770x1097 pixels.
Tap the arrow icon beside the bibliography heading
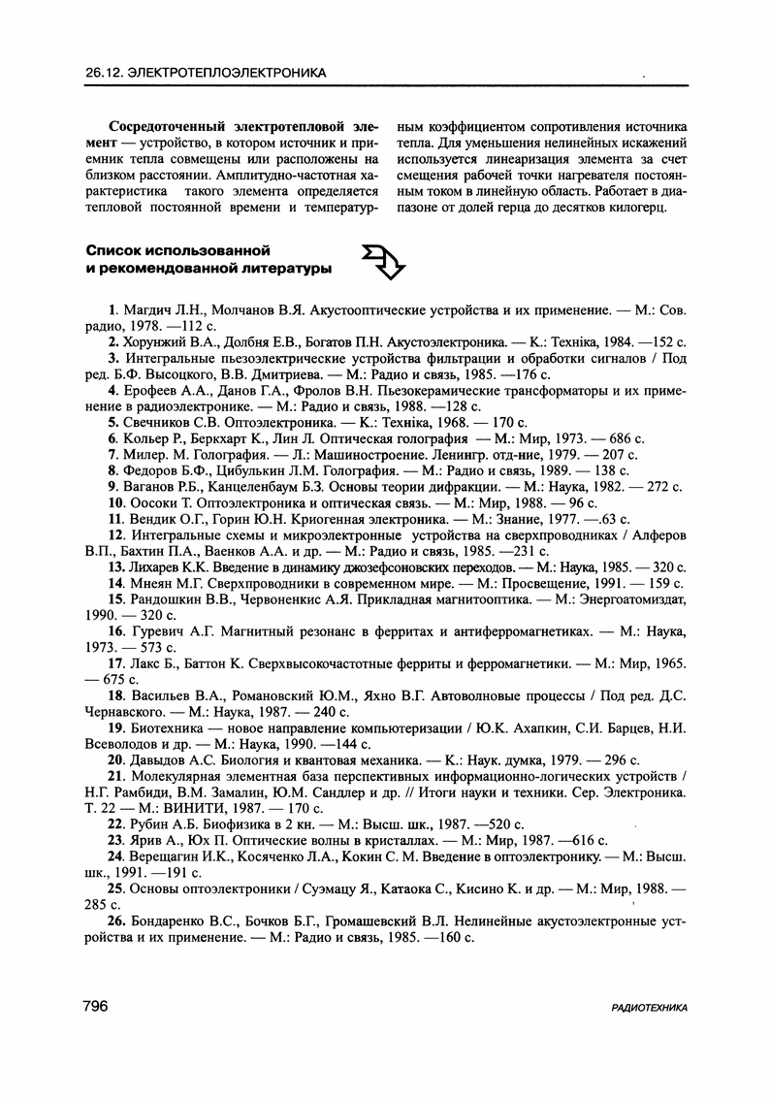point(381,260)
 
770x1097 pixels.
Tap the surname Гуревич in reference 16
point(158,631)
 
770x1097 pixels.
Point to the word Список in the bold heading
point(112,249)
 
